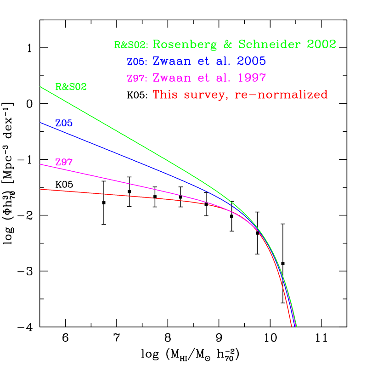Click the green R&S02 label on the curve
tap(71, 87)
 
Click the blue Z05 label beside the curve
tap(64, 124)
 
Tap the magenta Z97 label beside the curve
tap(64, 162)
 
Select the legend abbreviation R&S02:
tap(131, 45)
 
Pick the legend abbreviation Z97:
tap(137, 79)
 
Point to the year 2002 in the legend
tap(321, 45)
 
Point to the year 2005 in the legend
tap(251, 61)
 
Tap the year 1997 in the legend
tap(251, 78)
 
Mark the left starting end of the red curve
tap(40, 189)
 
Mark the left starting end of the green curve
tap(40, 86)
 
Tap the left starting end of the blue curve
tap(40, 123)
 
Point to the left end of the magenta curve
tap(40, 164)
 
